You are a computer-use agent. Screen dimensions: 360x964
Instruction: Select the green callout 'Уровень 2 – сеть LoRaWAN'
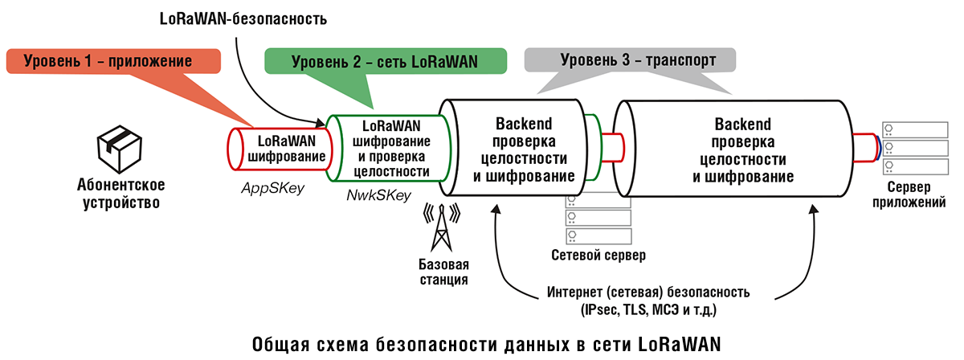click(x=384, y=61)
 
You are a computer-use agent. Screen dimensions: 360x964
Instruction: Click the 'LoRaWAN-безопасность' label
click(x=242, y=17)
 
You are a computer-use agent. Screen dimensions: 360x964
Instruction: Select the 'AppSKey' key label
click(x=270, y=186)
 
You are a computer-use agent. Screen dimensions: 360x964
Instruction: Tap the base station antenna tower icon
click(x=441, y=228)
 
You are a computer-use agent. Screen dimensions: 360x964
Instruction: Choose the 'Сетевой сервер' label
click(x=598, y=256)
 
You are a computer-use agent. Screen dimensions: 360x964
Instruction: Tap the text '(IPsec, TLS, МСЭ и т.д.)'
click(x=647, y=309)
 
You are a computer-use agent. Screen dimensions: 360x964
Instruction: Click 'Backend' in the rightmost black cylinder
click(x=742, y=125)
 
